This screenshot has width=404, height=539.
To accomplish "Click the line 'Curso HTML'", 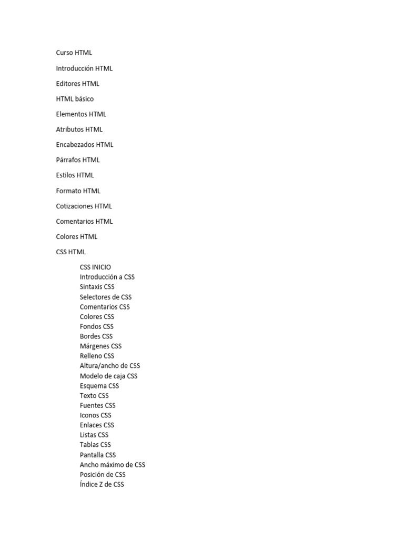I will [x=74, y=53].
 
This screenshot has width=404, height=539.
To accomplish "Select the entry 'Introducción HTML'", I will [x=84, y=68].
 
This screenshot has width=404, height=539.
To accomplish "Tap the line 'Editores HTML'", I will [x=78, y=83].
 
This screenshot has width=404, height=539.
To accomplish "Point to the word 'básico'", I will [x=84, y=98].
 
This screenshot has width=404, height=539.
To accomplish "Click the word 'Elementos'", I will [x=72, y=114].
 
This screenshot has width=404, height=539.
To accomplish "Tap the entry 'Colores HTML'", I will [x=77, y=236].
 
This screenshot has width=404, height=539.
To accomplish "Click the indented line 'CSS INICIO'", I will [x=96, y=267].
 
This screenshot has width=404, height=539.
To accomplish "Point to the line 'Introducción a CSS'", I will [x=107, y=277].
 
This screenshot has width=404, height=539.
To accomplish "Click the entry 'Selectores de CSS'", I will [x=106, y=297].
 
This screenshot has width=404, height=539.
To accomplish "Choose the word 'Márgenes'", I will [x=94, y=346].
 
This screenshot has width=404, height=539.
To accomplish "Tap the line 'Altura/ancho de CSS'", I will [x=110, y=365].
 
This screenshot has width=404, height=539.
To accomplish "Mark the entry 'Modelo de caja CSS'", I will [x=108, y=376].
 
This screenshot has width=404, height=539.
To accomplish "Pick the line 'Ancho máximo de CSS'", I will [x=113, y=465].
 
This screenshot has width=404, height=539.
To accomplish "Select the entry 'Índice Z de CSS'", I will [x=102, y=484].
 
